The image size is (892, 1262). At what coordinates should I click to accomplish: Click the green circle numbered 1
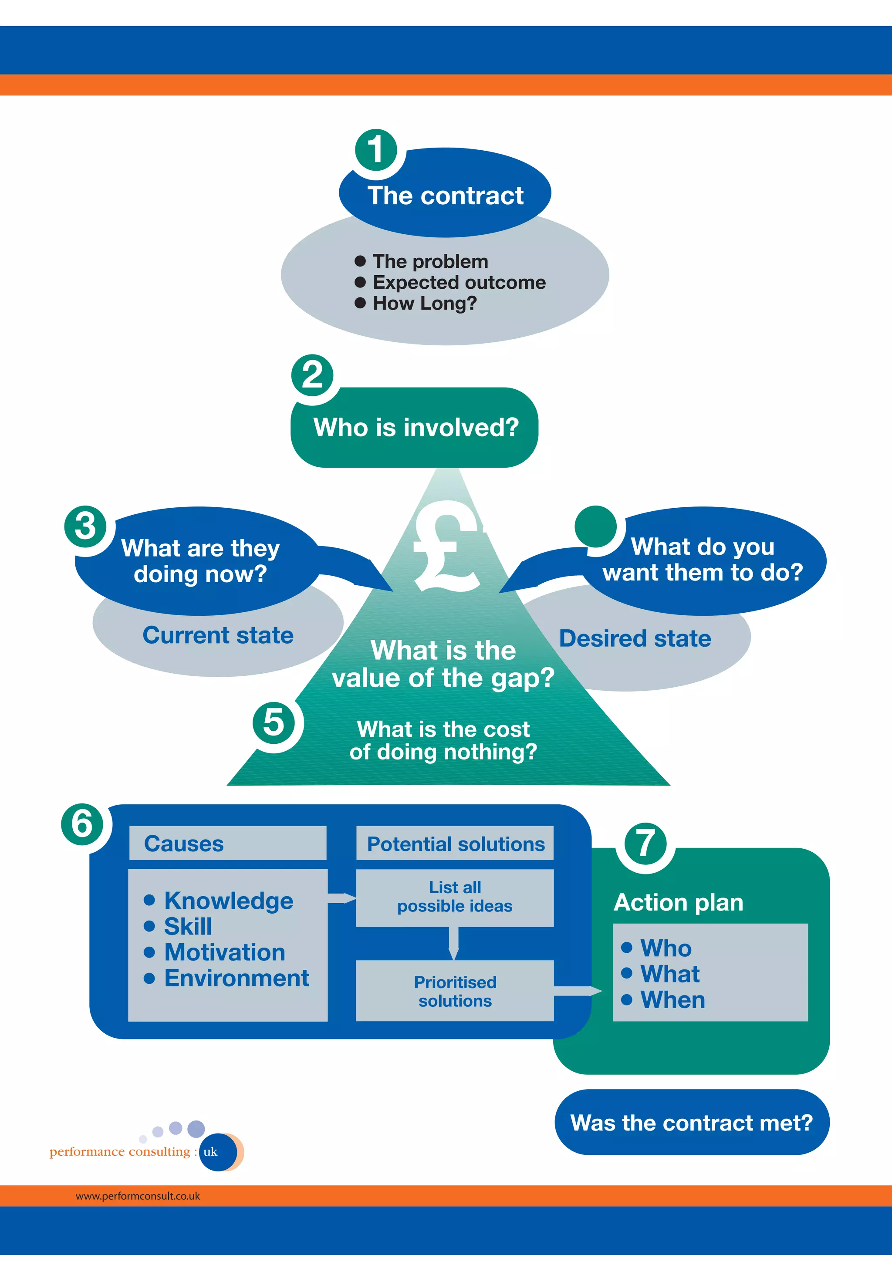(376, 149)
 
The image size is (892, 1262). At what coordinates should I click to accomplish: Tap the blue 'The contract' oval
(445, 195)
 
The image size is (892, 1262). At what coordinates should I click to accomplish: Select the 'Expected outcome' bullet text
(459, 282)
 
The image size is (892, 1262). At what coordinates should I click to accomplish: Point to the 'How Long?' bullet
(424, 303)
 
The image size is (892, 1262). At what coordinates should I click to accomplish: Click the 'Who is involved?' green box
(415, 428)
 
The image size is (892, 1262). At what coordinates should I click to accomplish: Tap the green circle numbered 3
(86, 526)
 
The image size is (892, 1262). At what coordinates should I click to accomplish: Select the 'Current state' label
(218, 635)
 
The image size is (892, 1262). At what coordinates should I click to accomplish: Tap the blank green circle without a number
(596, 526)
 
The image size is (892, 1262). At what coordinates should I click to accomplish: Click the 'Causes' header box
(227, 843)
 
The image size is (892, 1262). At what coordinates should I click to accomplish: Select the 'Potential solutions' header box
(455, 843)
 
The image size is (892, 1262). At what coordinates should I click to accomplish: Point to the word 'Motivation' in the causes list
(225, 952)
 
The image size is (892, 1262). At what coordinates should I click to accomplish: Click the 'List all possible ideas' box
(455, 897)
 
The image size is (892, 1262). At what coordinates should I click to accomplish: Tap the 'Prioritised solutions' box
(455, 991)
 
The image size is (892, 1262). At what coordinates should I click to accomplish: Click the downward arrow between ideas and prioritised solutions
(453, 943)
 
